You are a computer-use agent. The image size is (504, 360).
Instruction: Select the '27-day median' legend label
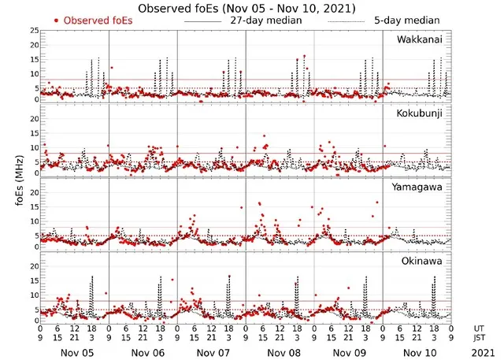pos(265,20)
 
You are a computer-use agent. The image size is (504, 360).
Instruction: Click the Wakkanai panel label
pos(419,39)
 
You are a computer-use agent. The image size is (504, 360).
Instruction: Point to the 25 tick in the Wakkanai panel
pos(33,31)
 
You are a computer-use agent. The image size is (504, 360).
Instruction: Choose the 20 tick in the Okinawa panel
pos(33,267)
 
